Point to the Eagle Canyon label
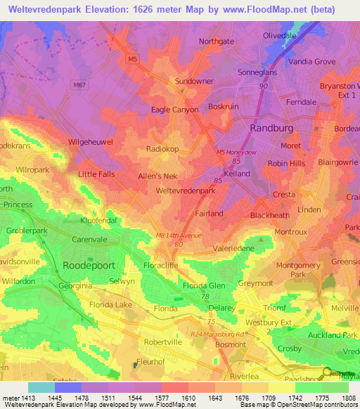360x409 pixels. click(175, 110)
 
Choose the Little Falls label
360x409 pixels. click(98, 174)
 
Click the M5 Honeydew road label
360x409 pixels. click(237, 160)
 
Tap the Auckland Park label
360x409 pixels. click(333, 335)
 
